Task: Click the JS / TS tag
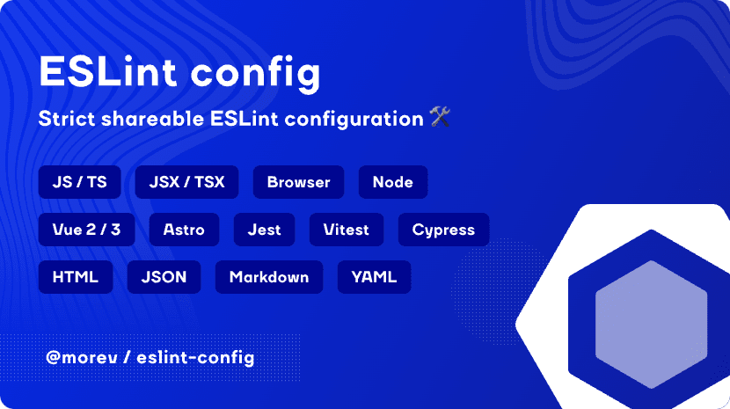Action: [79, 182]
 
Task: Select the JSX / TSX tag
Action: [186, 182]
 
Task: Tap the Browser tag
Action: [298, 182]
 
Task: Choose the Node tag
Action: [392, 182]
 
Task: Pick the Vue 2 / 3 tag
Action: [86, 230]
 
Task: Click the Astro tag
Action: [184, 230]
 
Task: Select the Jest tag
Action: [264, 230]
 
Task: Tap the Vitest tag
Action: [347, 230]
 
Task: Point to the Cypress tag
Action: [443, 230]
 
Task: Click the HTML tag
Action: [75, 277]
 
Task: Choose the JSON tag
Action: [164, 277]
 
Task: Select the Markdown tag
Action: [268, 277]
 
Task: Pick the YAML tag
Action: [374, 277]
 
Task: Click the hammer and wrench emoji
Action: [440, 118]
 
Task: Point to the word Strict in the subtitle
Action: [67, 119]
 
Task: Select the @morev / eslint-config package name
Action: [150, 358]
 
